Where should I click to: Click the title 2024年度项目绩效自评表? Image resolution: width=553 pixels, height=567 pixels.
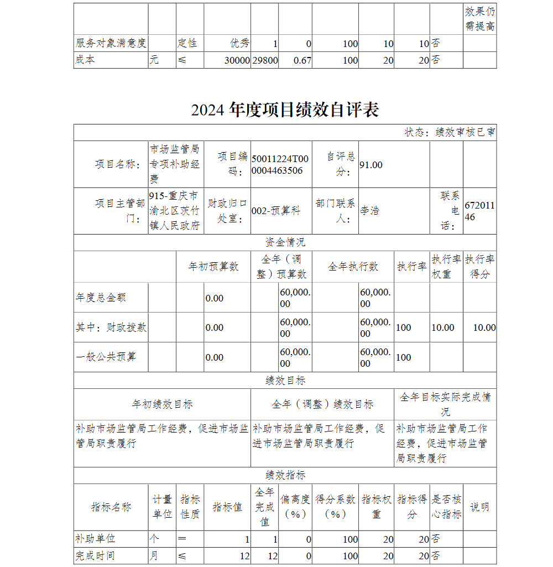pyautogui.click(x=285, y=110)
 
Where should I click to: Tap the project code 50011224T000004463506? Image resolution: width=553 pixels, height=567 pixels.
pyautogui.click(x=280, y=165)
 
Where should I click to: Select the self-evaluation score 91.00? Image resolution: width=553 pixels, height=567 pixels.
pyautogui.click(x=371, y=165)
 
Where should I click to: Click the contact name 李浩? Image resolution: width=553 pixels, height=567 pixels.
pyautogui.click(x=370, y=211)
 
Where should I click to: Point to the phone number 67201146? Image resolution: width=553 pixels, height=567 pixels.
pyautogui.click(x=479, y=211)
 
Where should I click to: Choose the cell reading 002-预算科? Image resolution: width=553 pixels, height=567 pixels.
pyautogui.click(x=276, y=211)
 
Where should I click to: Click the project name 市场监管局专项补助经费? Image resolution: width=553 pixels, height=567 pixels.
pyautogui.click(x=175, y=164)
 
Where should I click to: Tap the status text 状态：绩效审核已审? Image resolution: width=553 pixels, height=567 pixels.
pyautogui.click(x=450, y=133)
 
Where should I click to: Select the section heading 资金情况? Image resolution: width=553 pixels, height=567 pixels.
pyautogui.click(x=285, y=242)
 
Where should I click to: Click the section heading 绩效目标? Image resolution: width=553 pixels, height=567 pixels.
pyautogui.click(x=285, y=381)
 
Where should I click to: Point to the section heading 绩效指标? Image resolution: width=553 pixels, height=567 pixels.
pyautogui.click(x=285, y=475)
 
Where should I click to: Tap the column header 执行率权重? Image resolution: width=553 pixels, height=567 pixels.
pyautogui.click(x=446, y=267)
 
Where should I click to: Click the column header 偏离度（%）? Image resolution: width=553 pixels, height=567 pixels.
pyautogui.click(x=295, y=507)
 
